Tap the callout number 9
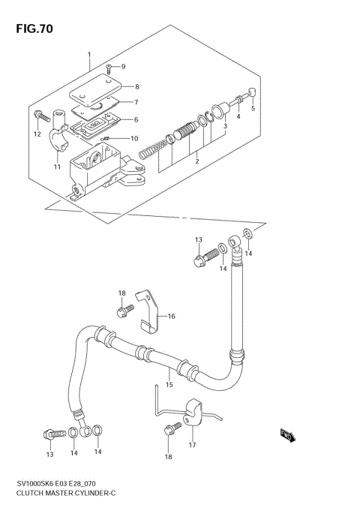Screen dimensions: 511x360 [123, 67]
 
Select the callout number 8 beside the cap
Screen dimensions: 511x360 [136, 86]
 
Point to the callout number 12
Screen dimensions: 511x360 [36, 134]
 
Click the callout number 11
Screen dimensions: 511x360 [56, 167]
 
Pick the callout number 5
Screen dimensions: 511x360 [253, 108]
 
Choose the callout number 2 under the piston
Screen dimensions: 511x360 [196, 161]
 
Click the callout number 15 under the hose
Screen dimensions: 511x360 [169, 385]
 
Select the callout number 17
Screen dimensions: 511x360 [192, 444]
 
